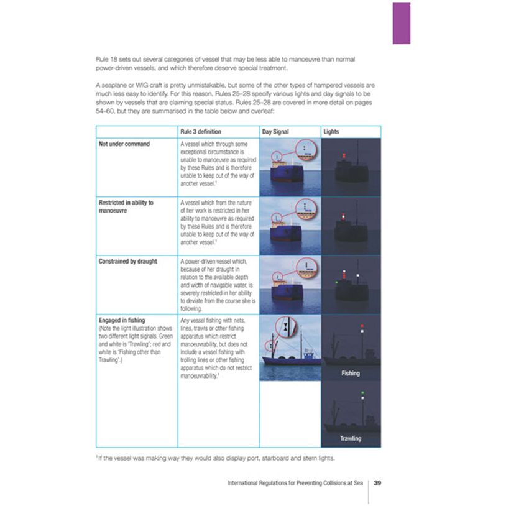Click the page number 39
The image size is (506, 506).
pyautogui.click(x=377, y=483)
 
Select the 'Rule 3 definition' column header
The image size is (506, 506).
pyautogui.click(x=200, y=132)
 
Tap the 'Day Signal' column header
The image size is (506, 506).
pyautogui.click(x=277, y=132)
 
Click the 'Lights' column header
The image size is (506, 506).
pyautogui.click(x=331, y=132)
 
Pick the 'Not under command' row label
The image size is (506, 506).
pyautogui.click(x=124, y=144)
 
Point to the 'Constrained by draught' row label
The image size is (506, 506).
pyautogui.click(x=127, y=261)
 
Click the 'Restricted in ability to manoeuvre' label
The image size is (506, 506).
pyautogui.click(x=126, y=206)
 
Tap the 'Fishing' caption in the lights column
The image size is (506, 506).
pyautogui.click(x=350, y=374)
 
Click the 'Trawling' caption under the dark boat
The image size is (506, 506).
pyautogui.click(x=350, y=438)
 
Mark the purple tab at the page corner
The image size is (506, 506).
pyautogui.click(x=402, y=23)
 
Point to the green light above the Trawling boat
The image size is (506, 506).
pyautogui.click(x=361, y=393)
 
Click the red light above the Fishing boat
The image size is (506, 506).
pyautogui.click(x=361, y=326)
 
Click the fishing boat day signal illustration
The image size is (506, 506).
pyautogui.click(x=290, y=347)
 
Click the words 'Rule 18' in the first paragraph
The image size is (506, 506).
pyautogui.click(x=106, y=58)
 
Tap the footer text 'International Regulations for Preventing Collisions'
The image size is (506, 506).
pyautogui.click(x=295, y=483)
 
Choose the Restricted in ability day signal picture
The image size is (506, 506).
pyautogui.click(x=290, y=226)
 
